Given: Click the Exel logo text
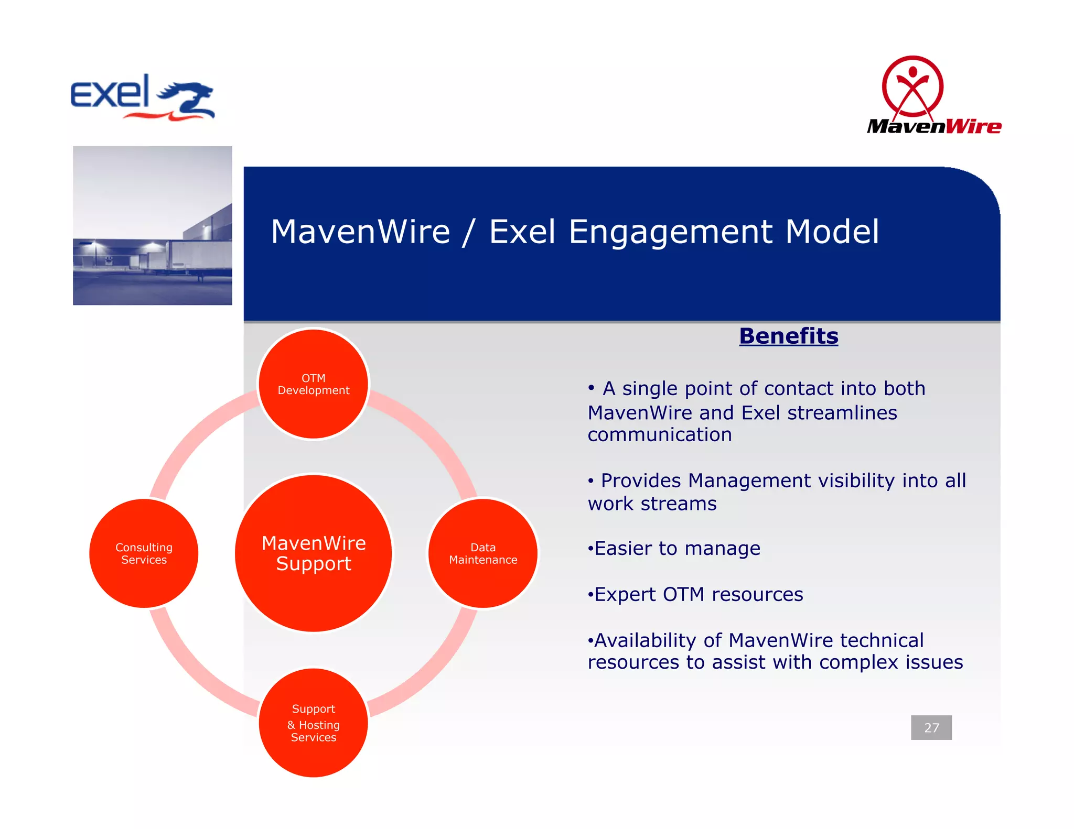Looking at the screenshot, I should tap(110, 92).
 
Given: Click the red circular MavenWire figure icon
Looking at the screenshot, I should tap(912, 86).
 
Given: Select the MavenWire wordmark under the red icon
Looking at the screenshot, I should tap(934, 126).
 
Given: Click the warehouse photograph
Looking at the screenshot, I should tap(152, 225).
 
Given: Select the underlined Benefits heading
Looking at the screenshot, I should tap(788, 336).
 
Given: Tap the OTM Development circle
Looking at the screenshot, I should tap(313, 384).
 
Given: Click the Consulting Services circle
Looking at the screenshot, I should tap(144, 553).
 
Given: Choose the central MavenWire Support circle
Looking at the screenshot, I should tap(313, 553).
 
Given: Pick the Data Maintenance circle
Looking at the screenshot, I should tap(483, 553).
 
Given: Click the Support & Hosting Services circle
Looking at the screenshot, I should tap(313, 723).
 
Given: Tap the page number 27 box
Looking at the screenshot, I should tap(931, 727).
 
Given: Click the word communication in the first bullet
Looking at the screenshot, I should tap(659, 435).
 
